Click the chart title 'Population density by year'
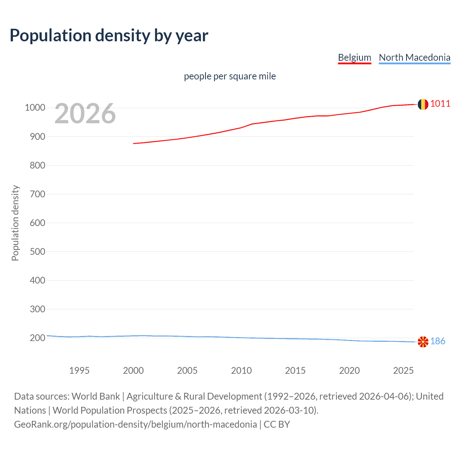pos(109,36)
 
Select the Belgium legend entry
pos(354,57)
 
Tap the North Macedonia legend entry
pos(414,57)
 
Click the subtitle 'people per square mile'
pos(230,76)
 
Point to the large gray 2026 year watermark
pos(85,114)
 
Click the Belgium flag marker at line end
pos(423,104)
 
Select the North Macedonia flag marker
pos(423,342)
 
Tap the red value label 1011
pos(440,104)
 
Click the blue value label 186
pos(438,341)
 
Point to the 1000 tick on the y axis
pos(35,108)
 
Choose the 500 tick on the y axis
pos(37,252)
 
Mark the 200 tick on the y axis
pos(37,338)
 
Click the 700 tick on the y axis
pos(37,194)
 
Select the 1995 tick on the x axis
pos(79,371)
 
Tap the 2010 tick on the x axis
pos(241,371)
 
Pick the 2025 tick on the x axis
pos(403,371)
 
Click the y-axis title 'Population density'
pos(15,223)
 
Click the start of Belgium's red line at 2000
pos(134,143)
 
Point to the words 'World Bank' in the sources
pos(96,396)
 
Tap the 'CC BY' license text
pos(277,424)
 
